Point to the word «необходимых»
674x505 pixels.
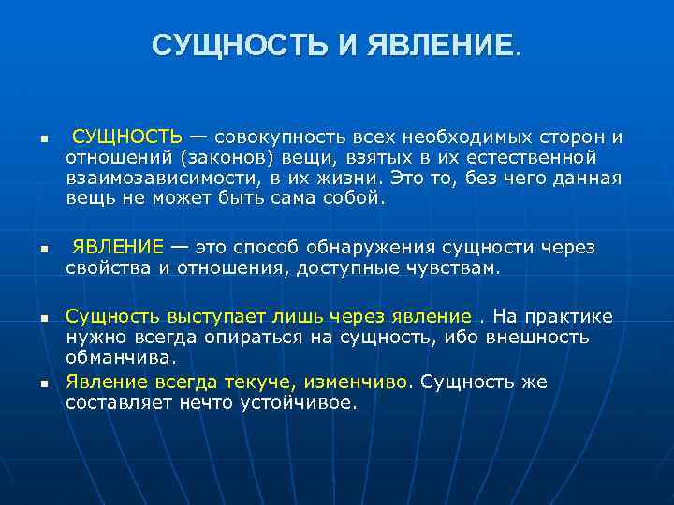click(463, 137)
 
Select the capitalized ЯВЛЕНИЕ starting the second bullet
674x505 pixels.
click(118, 247)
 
